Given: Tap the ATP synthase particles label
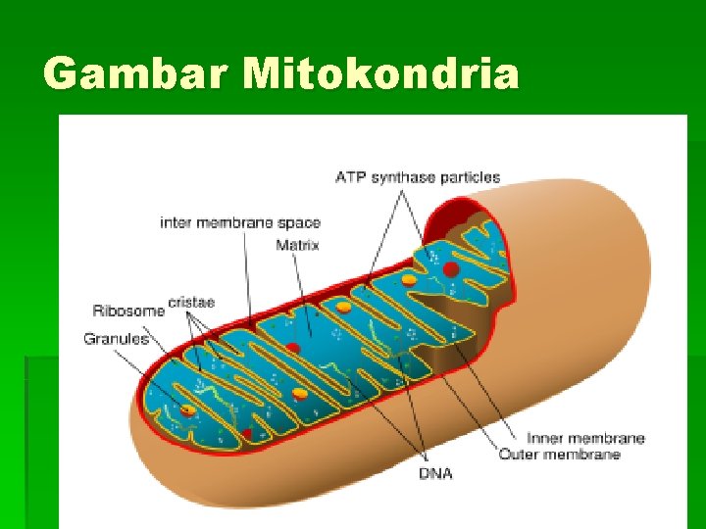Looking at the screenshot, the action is pos(418,177).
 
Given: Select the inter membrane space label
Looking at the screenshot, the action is pos(240,222).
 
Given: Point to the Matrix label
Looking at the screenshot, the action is pos(297,243).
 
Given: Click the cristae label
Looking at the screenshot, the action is pos(191,302).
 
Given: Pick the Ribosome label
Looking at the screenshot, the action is pos(128,311).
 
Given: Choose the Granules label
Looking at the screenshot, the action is pos(116,339).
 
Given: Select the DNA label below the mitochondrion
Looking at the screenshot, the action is pos(435,474).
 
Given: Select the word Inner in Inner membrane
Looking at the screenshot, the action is pos(544,438).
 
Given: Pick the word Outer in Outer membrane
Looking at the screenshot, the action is pos(520,455).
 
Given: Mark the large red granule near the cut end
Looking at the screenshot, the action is pos(451,269).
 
